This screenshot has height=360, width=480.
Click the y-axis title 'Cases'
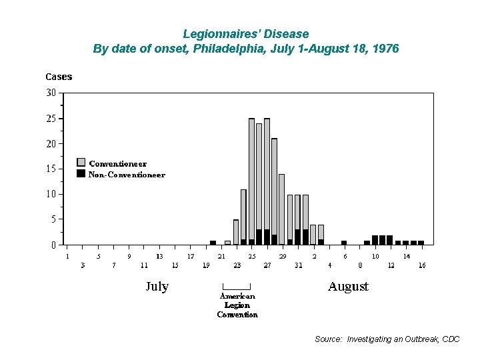pos(59,77)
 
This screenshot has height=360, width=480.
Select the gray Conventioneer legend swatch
pos(81,162)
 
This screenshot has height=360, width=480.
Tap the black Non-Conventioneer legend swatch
pos(81,173)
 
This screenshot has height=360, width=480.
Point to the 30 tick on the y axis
pos(51,93)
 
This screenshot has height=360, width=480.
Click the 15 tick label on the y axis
pos(51,169)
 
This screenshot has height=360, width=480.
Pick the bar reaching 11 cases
pos(243,217)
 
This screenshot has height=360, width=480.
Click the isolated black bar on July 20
pos(213,243)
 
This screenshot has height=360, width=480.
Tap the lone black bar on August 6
pos(344,243)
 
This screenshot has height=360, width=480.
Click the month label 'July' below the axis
pos(157,287)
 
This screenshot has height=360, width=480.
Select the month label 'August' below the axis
pos(348,287)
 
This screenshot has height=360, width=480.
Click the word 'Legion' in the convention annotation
pos(237,305)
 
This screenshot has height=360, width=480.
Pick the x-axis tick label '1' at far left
pos(67,256)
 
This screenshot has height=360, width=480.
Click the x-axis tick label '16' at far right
pos(422,265)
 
